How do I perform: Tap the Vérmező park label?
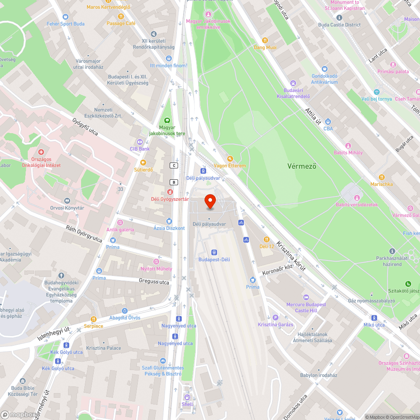302,166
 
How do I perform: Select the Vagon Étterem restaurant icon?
230,158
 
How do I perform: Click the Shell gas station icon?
187,397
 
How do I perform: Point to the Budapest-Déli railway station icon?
214,252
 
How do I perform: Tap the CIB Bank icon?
140,142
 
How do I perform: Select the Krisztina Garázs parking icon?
276,318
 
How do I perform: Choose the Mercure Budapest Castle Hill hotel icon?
306,297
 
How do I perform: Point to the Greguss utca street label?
154,281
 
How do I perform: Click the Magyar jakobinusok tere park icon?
167,120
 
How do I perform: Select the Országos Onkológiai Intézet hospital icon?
41,152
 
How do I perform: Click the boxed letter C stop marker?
173,165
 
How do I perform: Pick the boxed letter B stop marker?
173,182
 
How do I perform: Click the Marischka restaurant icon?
382,177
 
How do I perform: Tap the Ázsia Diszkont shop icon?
169,221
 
